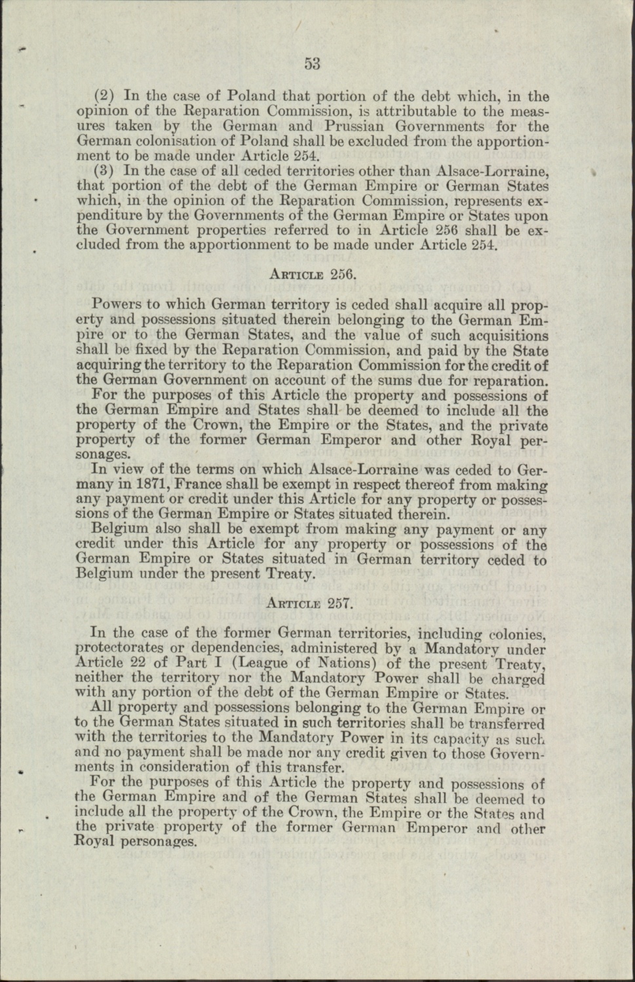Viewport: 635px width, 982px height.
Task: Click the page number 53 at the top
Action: [311, 64]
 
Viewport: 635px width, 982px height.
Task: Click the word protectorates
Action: [122, 649]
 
